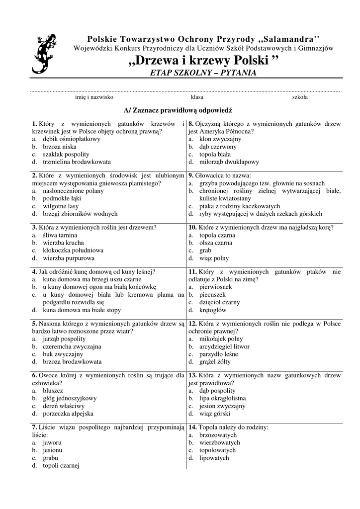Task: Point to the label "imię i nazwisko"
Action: (94, 97)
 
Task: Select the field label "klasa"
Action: (197, 97)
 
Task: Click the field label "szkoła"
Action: (300, 97)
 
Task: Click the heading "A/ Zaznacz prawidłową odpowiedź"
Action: (178, 110)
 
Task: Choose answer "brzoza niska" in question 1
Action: (59, 147)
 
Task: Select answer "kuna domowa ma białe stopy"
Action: (82, 310)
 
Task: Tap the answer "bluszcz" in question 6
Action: (53, 391)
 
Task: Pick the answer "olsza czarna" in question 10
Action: (215, 243)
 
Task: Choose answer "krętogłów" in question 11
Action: (212, 310)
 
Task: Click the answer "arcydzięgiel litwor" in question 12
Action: (224, 346)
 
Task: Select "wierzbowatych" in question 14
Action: (219, 442)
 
